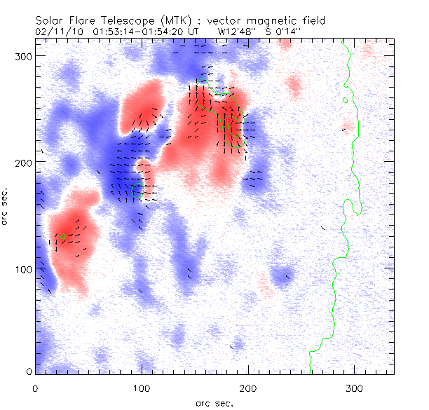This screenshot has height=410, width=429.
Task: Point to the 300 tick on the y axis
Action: click(24, 55)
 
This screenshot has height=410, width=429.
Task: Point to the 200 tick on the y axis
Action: click(24, 162)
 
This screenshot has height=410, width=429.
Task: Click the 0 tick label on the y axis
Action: click(28, 371)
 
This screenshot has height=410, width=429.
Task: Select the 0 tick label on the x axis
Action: click(35, 387)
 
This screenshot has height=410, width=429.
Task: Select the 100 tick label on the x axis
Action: click(142, 387)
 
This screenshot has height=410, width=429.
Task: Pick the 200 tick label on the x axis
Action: click(249, 387)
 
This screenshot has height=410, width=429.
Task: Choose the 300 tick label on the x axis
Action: click(356, 387)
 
